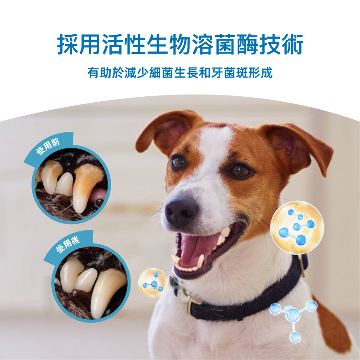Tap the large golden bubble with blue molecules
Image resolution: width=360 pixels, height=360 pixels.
[297, 228]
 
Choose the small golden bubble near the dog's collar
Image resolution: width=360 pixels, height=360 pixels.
[153, 283]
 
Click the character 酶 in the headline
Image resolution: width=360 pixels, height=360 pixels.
[247, 44]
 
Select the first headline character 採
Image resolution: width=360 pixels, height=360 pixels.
[68, 44]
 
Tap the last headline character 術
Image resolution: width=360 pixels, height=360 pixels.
[292, 44]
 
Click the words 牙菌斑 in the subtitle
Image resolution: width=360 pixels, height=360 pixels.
[230, 73]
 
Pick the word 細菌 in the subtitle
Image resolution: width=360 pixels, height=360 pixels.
[162, 73]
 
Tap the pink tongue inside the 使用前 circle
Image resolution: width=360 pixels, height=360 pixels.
[99, 194]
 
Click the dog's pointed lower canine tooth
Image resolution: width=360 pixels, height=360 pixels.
[201, 261]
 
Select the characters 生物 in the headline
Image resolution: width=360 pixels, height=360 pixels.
[169, 44]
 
